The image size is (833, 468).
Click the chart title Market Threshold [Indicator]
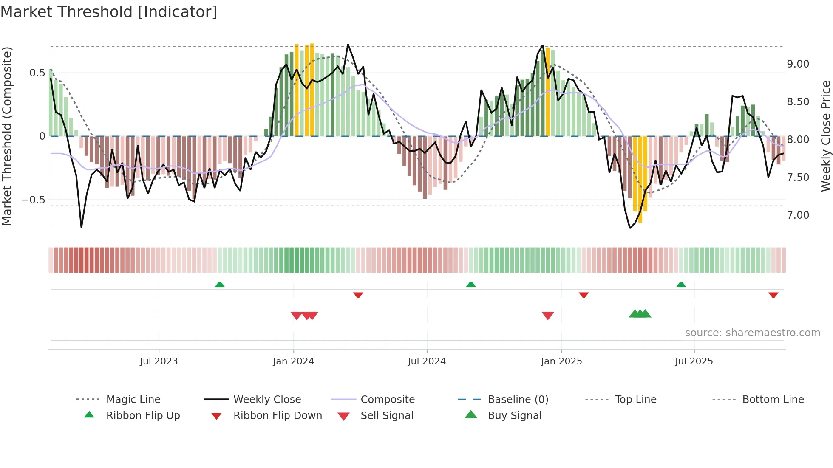click(109, 12)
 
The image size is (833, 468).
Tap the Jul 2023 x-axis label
click(159, 361)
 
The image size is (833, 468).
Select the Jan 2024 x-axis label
click(293, 361)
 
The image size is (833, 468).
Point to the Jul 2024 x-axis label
click(427, 361)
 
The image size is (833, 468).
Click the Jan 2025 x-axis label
click(561, 361)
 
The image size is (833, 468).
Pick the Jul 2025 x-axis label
click(694, 361)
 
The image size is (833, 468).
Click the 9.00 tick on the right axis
click(798, 64)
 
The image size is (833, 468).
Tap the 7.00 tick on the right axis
click(798, 215)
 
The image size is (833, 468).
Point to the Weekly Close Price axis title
click(825, 136)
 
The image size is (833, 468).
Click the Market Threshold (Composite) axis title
click(7, 136)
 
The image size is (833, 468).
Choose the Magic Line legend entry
click(133, 400)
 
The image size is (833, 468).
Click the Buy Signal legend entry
click(514, 416)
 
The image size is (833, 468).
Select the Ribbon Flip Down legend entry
click(277, 416)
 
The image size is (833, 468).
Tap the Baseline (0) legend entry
click(518, 400)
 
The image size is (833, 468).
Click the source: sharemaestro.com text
click(752, 333)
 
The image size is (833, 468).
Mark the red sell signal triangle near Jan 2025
click(548, 316)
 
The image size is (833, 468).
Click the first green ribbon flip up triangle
click(220, 285)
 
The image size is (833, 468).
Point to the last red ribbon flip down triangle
click(773, 295)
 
